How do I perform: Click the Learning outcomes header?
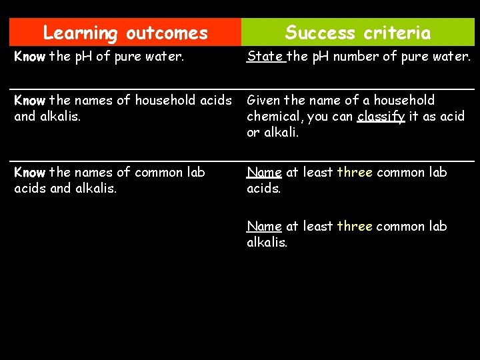[x=125, y=32]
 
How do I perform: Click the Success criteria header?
[x=358, y=32]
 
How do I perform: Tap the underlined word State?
[x=265, y=57]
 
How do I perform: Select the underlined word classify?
[x=381, y=117]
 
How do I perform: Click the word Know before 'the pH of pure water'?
[x=29, y=57]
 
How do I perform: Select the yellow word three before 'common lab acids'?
[x=355, y=173]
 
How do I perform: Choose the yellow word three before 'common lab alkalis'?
[x=355, y=227]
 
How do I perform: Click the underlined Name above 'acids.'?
[x=264, y=173]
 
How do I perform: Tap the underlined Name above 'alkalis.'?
[x=264, y=227]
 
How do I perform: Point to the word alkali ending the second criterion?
[x=281, y=133]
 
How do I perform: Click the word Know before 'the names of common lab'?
[x=29, y=173]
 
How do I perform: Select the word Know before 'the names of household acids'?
[x=29, y=101]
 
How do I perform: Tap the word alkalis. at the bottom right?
[x=267, y=243]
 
